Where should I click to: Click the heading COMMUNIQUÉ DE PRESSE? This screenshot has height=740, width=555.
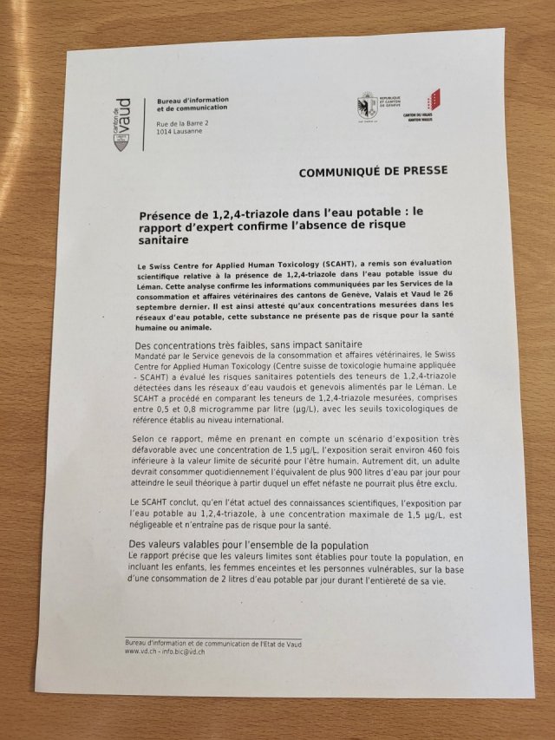[373, 171]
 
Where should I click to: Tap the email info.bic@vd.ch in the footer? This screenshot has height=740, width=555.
[186, 651]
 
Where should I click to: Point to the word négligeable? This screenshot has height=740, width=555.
[156, 527]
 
